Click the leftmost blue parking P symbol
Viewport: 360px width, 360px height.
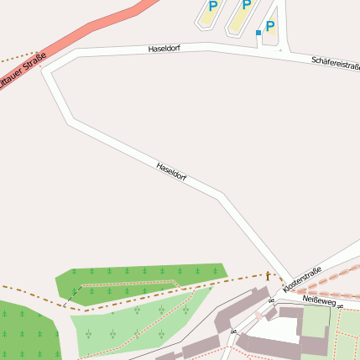(x=212, y=6)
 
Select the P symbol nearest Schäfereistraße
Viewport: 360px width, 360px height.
(x=269, y=26)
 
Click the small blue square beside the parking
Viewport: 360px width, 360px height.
(x=258, y=33)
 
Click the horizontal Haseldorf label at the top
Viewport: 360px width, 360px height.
(x=164, y=49)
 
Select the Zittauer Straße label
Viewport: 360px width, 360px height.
(x=21, y=76)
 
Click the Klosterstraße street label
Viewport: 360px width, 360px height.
(x=302, y=279)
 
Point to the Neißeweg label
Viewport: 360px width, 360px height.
(x=318, y=300)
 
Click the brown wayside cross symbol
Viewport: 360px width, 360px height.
(x=269, y=275)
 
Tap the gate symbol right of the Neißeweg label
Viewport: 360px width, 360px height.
(x=343, y=309)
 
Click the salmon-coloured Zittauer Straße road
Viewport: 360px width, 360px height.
(x=92, y=33)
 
